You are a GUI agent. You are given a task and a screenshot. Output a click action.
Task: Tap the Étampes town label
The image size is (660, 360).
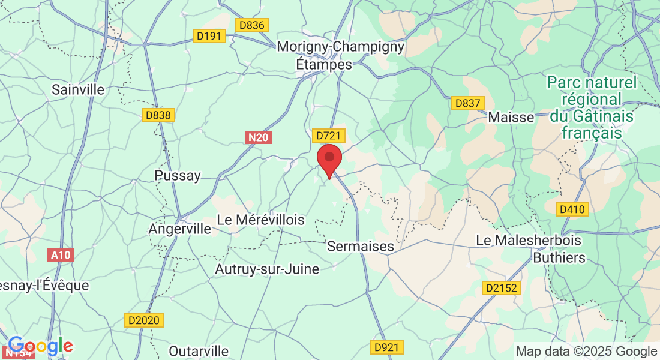(x=325, y=63)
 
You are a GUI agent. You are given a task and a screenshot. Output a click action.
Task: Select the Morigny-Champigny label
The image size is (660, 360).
(x=341, y=46)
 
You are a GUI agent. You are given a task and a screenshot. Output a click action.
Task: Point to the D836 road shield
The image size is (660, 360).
(x=251, y=25)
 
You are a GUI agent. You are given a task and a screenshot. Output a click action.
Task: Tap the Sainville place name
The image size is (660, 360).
(x=78, y=90)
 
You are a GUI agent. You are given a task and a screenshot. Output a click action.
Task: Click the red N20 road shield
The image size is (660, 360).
(x=259, y=137)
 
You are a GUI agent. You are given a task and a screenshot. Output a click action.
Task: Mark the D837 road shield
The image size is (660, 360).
(x=467, y=103)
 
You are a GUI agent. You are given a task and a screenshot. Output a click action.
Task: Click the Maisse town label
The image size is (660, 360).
(x=511, y=117)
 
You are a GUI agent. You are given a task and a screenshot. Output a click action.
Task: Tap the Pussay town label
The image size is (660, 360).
(x=177, y=176)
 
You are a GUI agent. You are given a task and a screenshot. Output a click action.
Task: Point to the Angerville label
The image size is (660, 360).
(x=180, y=229)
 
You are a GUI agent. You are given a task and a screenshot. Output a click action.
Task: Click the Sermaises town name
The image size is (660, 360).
(x=361, y=246)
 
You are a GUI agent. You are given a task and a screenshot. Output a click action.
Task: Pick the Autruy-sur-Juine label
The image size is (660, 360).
(x=267, y=269)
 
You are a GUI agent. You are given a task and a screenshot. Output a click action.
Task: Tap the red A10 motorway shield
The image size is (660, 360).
(x=61, y=255)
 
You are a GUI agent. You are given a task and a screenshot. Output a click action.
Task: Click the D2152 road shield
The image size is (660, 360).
(x=501, y=288)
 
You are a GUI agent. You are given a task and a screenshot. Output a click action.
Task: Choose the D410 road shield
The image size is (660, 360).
(x=572, y=209)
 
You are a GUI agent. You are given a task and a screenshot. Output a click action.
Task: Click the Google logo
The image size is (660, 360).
(x=40, y=346)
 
